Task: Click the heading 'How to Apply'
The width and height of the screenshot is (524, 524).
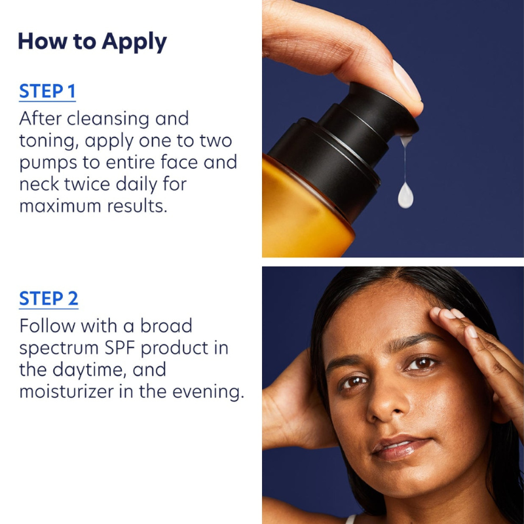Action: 92,41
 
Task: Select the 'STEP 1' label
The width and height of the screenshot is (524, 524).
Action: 47,91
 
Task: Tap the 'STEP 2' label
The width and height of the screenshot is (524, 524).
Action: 48,299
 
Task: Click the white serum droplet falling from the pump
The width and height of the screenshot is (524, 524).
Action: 406,195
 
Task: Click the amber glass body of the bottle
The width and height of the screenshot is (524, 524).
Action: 301,210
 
